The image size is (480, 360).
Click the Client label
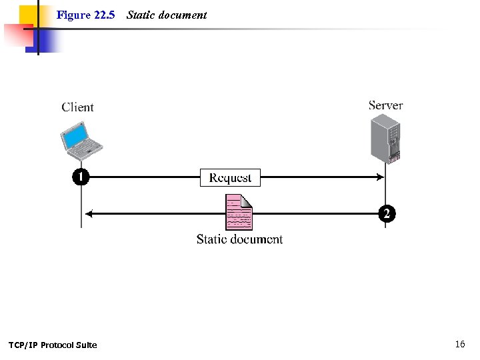tap(77, 107)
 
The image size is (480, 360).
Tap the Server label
tap(385, 105)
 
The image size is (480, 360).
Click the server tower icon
tap(385, 139)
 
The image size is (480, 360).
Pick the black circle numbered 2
tap(386, 214)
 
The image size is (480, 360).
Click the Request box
tap(230, 177)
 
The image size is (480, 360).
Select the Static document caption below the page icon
tap(239, 239)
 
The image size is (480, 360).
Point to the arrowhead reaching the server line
tap(381, 177)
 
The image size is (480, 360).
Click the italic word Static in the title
tap(140, 15)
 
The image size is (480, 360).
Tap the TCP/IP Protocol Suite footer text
tap(53, 345)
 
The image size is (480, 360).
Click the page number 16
tap(460, 344)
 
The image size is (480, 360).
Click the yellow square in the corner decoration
tap(27, 15)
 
